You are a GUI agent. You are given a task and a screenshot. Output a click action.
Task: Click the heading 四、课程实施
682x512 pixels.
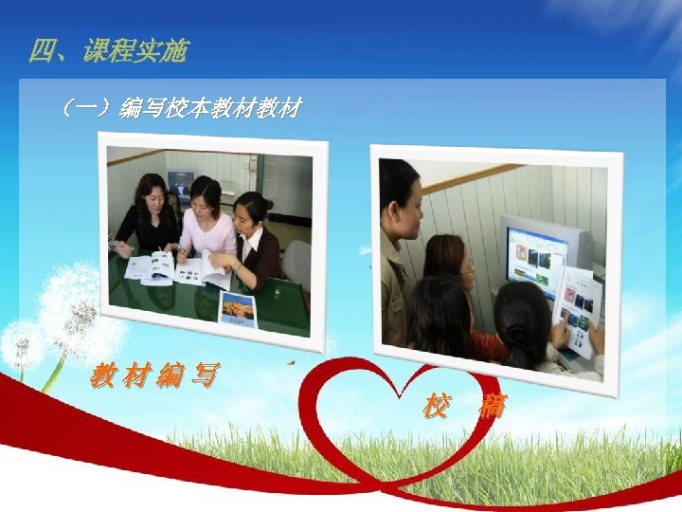point(108,51)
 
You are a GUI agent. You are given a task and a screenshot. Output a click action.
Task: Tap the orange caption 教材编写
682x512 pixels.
point(153,377)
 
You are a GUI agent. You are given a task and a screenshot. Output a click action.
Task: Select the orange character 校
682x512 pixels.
point(435,408)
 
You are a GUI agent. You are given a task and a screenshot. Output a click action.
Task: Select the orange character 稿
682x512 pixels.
point(492,408)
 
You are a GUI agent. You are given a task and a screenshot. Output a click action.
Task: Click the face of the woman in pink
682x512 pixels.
point(206,196)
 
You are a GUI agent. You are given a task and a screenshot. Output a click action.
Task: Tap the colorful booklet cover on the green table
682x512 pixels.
point(238,309)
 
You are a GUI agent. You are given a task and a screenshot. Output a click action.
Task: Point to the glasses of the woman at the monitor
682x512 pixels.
point(468,270)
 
